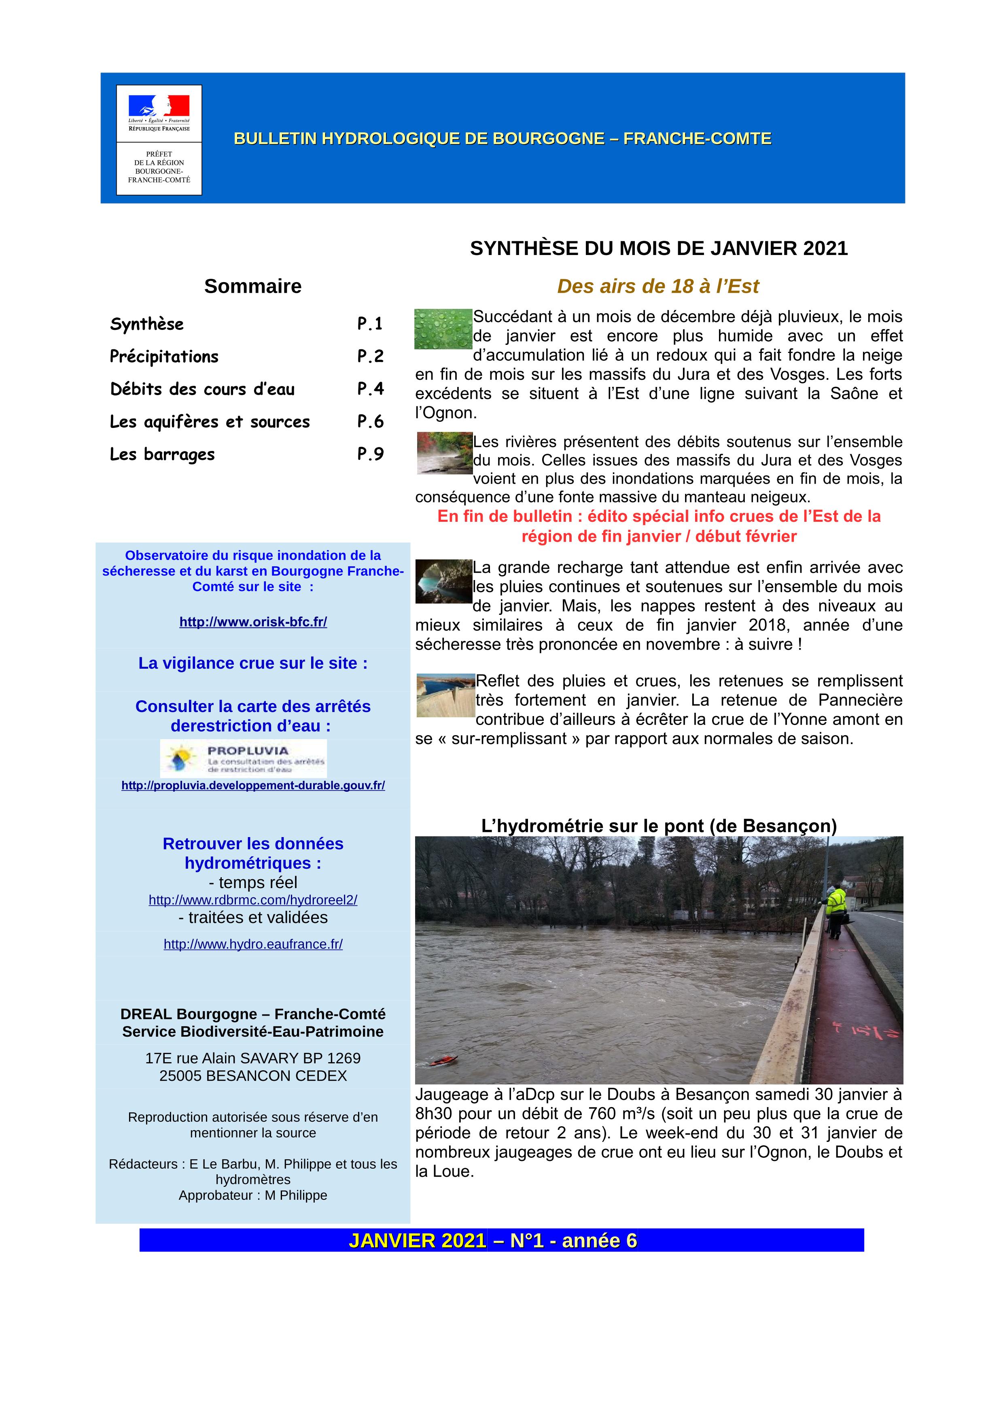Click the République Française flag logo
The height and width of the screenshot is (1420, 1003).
tap(159, 106)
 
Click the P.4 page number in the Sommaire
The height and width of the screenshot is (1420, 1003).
tap(370, 389)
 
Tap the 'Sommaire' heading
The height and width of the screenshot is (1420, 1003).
tap(253, 286)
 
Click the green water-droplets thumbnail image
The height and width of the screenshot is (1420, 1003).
tap(443, 329)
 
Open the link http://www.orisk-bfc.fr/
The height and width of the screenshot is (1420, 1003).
tap(253, 622)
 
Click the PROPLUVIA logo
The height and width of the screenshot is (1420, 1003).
tap(244, 758)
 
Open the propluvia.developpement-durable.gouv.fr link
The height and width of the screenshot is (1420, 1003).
tap(253, 785)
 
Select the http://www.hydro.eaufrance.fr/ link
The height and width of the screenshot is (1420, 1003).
tap(253, 944)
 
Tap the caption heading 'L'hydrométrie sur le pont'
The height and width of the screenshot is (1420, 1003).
tap(659, 826)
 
